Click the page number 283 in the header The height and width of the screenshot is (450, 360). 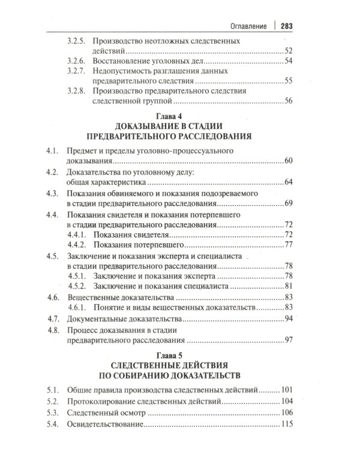[x=283, y=26]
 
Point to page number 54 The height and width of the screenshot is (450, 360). [x=288, y=62]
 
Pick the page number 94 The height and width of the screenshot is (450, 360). [x=288, y=317]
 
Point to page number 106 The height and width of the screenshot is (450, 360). [x=286, y=413]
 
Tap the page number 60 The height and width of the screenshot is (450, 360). [x=288, y=161]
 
